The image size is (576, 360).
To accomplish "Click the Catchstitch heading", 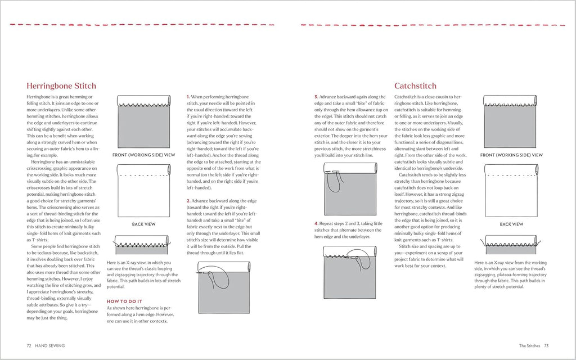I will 415,86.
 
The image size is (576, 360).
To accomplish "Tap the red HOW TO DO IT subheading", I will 125,301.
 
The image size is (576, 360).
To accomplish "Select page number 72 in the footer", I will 29,345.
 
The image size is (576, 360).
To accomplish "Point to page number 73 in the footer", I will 546,345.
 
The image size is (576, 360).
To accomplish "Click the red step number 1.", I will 188,97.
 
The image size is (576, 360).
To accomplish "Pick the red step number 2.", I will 188,200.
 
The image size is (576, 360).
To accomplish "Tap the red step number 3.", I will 316,97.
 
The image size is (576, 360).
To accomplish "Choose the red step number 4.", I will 316,223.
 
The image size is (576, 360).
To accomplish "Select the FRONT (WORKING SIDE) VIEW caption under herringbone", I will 144,155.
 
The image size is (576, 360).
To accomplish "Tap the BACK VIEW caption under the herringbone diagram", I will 143,224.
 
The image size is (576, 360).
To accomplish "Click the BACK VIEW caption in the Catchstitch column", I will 511,224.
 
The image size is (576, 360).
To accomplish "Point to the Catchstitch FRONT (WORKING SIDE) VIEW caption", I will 511,155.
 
